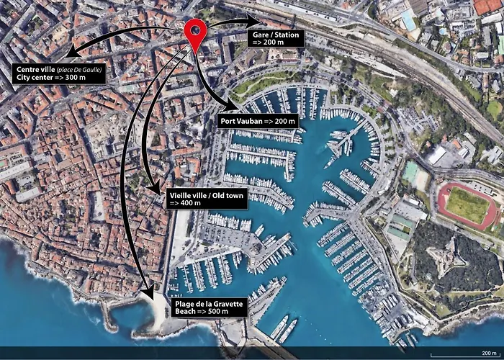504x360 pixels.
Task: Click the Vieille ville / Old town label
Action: [207, 199]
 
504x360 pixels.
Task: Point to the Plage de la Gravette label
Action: [210, 308]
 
